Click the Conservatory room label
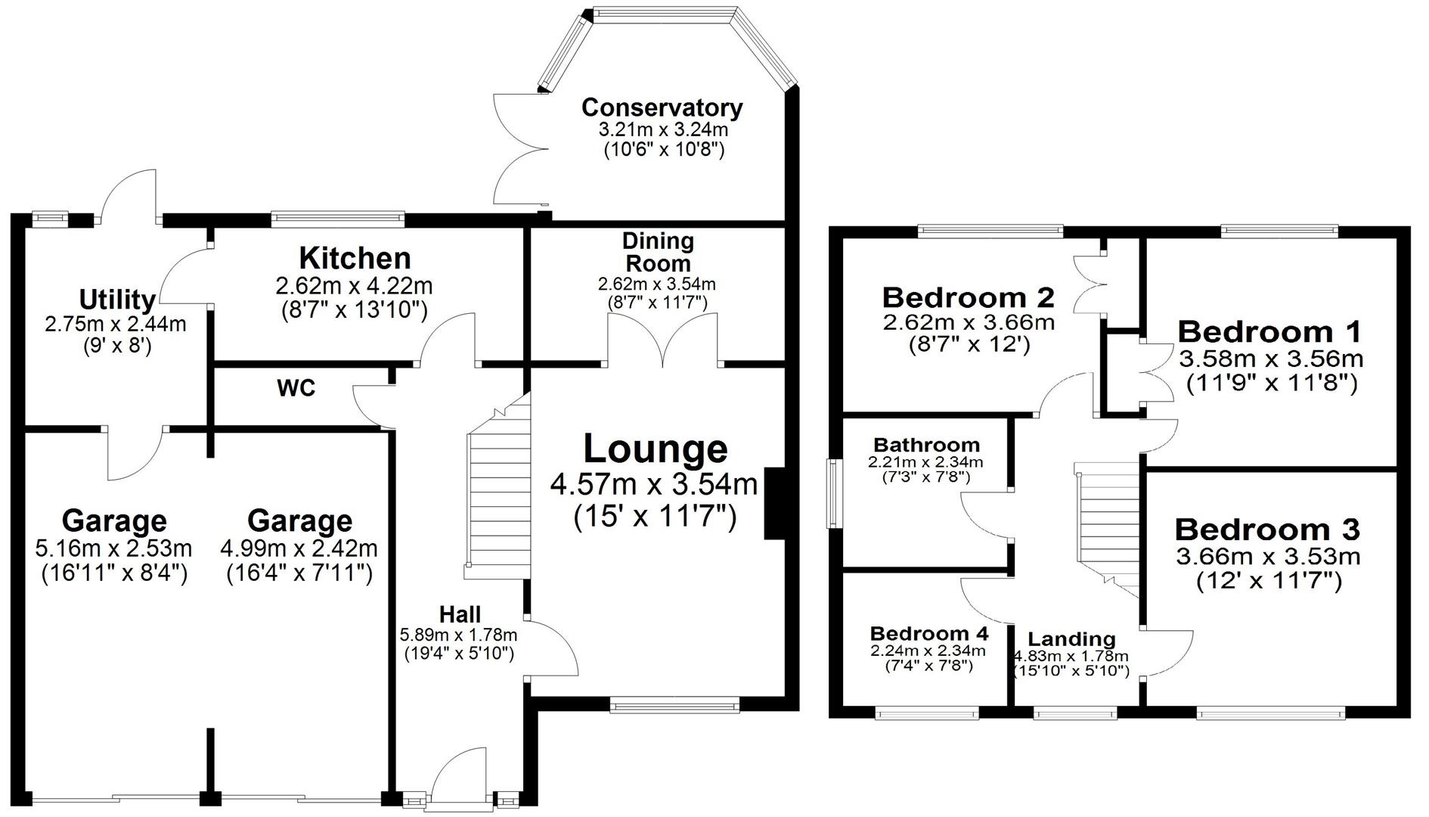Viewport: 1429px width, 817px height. [662, 107]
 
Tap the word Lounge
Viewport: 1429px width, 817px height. [655, 449]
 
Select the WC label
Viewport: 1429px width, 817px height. [296, 389]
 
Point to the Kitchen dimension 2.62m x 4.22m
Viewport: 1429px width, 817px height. [354, 286]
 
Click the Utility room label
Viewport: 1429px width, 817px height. [117, 300]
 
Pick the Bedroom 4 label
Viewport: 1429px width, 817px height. [929, 633]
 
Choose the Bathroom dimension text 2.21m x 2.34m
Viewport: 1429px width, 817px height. [925, 461]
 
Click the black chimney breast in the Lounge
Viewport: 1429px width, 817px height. [775, 503]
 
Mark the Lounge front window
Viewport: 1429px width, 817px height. [674, 707]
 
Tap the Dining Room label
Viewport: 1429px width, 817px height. [657, 252]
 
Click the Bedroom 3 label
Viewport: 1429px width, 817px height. [1267, 529]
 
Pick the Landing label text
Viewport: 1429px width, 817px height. [1071, 639]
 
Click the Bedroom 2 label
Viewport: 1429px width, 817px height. [968, 297]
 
